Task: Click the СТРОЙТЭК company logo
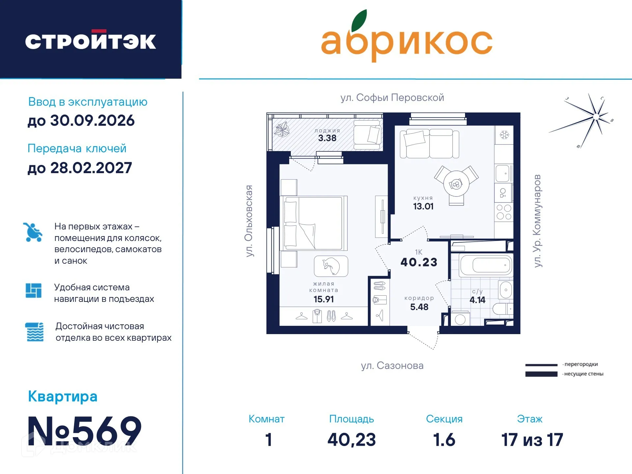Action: pos(91,41)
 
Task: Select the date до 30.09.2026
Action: pos(81,120)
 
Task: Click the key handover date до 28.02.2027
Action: pos(80,168)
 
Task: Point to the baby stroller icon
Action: pos(33,232)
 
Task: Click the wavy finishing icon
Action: pos(34,332)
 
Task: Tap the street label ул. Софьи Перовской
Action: pos(392,97)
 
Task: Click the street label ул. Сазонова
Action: pos(392,365)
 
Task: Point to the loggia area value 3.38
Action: pos(327,138)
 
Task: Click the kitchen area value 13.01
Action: pos(423,206)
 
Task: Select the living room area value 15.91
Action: pos(323,299)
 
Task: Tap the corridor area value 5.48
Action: pos(419,307)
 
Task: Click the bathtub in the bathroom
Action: pos(486,265)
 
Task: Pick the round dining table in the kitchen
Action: pos(456,184)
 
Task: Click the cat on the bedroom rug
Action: pos(331,266)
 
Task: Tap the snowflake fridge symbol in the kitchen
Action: pos(504,135)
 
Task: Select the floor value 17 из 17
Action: pos(532,440)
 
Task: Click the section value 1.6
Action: pos(444,440)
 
